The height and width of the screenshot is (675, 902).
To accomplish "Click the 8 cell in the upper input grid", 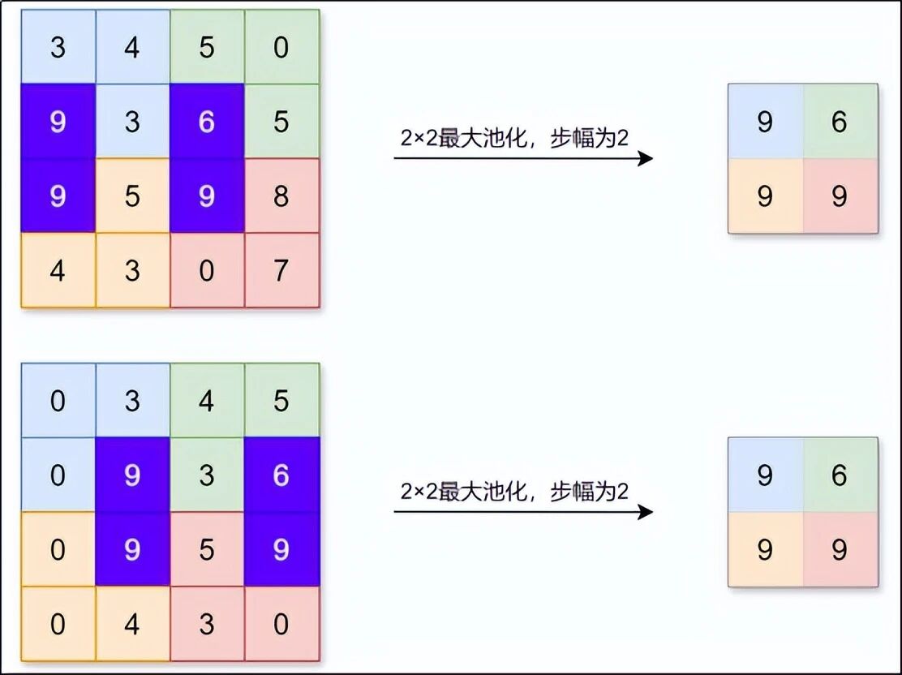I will [281, 196].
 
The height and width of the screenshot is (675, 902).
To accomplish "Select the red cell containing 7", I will [281, 270].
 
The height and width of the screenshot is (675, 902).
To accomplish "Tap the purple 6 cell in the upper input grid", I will [207, 122].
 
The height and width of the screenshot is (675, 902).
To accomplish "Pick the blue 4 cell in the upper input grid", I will [132, 47].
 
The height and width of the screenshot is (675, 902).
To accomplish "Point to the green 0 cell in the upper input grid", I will [281, 47].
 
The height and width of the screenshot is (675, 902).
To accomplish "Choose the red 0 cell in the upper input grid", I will [207, 270].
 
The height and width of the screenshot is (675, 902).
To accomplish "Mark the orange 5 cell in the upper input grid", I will [132, 196].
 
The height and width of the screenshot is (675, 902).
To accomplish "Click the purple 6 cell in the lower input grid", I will [281, 475].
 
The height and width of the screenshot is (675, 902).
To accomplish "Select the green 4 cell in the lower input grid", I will [207, 401].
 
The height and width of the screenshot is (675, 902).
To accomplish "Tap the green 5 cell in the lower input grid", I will [281, 401].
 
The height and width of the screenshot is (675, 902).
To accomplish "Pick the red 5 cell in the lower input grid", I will [207, 550].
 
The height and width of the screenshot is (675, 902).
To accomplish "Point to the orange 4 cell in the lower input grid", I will [132, 625].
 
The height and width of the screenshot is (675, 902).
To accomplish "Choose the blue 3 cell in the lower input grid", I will [132, 401].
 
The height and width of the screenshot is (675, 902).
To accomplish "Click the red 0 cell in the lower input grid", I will [281, 625].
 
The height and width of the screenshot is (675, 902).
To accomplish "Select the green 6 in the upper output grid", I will [840, 122].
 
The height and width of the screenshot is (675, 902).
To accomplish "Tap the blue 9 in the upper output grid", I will [765, 122].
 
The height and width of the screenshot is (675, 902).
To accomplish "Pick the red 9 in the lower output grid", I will [840, 550].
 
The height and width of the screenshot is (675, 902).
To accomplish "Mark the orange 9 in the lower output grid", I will [765, 550].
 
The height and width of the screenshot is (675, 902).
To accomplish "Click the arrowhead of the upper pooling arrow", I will [646, 158].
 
